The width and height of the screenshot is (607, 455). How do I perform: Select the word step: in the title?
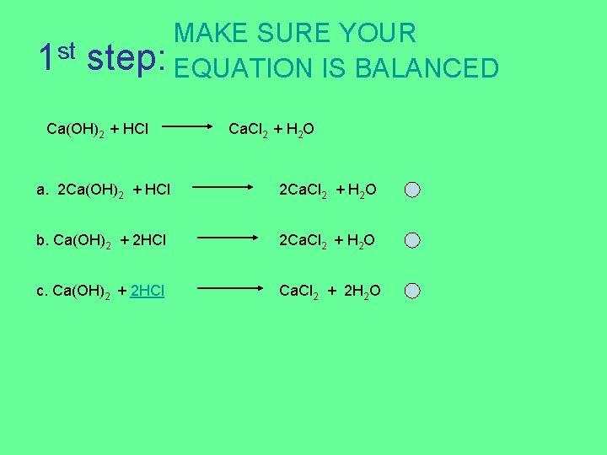[x=126, y=59]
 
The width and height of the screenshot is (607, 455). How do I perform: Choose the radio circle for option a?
[x=411, y=190]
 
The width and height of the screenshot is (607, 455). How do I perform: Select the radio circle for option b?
[x=411, y=241]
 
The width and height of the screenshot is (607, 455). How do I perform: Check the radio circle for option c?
[x=411, y=292]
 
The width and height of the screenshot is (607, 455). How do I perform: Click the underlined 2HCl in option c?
[x=148, y=292]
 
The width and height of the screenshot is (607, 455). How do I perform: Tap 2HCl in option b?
[x=149, y=241]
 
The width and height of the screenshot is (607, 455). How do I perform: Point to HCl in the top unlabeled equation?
[x=136, y=129]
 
